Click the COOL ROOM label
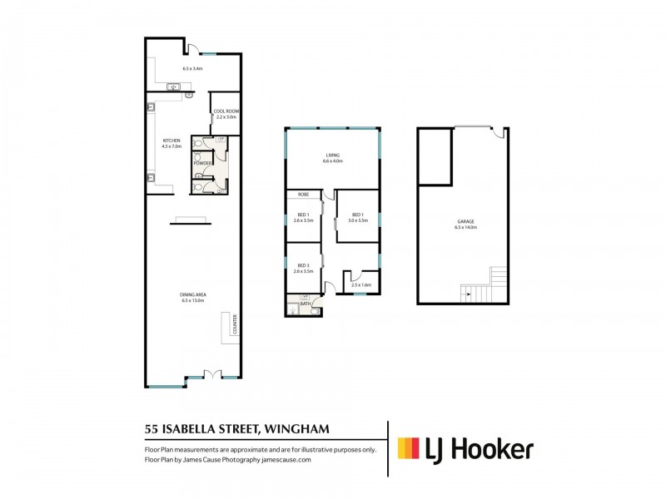[226, 111]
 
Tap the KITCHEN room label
[171, 141]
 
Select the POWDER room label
[202, 163]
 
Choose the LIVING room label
[333, 156]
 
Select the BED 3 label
[303, 265]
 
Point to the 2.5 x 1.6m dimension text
[361, 285]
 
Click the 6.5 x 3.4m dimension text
[193, 68]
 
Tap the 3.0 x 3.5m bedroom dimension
[357, 220]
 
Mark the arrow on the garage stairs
[468, 292]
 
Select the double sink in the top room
[176, 86]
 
